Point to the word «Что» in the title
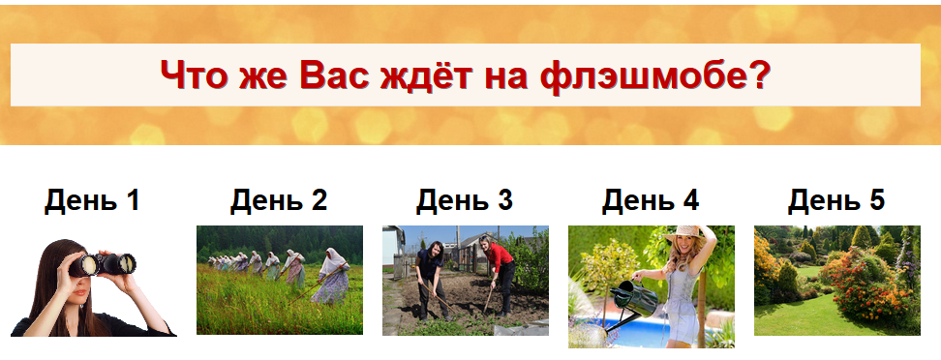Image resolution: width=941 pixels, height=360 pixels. point(193,75)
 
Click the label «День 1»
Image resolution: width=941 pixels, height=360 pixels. point(93,200)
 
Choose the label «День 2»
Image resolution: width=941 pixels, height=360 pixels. point(279,200)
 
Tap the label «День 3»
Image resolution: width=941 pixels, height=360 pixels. point(465,200)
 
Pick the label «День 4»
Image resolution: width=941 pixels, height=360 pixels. point(651,200)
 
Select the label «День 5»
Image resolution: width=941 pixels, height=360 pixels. point(836,200)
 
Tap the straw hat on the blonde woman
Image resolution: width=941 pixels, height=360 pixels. point(686,235)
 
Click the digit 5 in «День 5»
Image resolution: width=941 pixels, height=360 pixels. point(876,200)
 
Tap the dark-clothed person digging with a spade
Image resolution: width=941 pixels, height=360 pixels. point(430,276)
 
